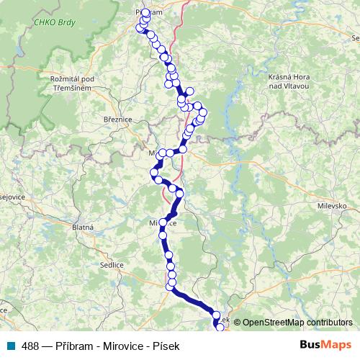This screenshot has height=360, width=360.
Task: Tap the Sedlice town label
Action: pos(112,265)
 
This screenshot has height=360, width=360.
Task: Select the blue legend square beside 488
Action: pos(14,346)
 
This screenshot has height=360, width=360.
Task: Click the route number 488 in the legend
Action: pos(31,346)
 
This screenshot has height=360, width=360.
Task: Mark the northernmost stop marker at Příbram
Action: pos(146,12)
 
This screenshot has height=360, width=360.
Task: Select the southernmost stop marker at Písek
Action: pos(220,328)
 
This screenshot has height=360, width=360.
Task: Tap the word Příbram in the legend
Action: pos(74,346)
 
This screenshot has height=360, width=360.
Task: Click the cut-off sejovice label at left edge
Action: pos(13,196)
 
